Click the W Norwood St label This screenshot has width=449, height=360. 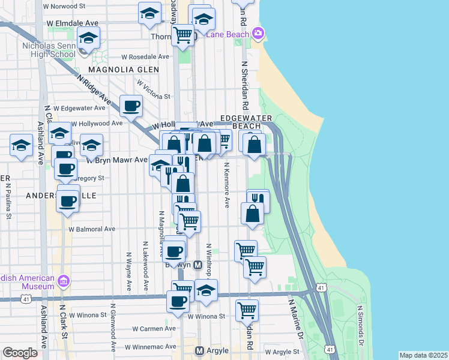[x=73, y=6]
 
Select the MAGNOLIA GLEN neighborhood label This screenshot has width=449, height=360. [x=124, y=70]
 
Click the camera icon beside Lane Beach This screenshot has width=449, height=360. [x=258, y=32]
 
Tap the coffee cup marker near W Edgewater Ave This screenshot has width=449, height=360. [x=131, y=107]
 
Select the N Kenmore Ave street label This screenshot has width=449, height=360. [x=227, y=184]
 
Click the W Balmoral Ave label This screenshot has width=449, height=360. [x=91, y=229]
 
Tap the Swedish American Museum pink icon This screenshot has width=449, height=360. [x=64, y=280]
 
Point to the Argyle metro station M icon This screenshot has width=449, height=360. [x=200, y=350]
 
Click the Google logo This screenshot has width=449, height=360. [x=20, y=353]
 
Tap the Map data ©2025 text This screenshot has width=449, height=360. [x=423, y=355]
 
